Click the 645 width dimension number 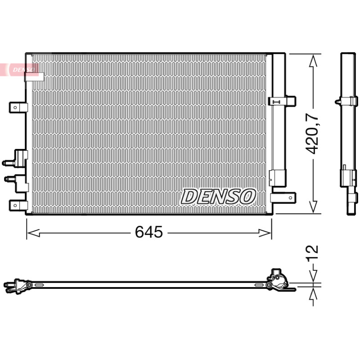click(149, 232)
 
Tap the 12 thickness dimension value click(312, 252)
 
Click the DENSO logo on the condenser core click(218, 197)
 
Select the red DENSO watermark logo click(19, 70)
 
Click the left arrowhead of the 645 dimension click(33, 233)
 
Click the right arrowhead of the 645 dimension click(265, 233)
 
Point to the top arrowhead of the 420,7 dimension click(313, 61)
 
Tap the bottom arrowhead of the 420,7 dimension click(313, 207)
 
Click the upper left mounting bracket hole click(15, 108)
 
